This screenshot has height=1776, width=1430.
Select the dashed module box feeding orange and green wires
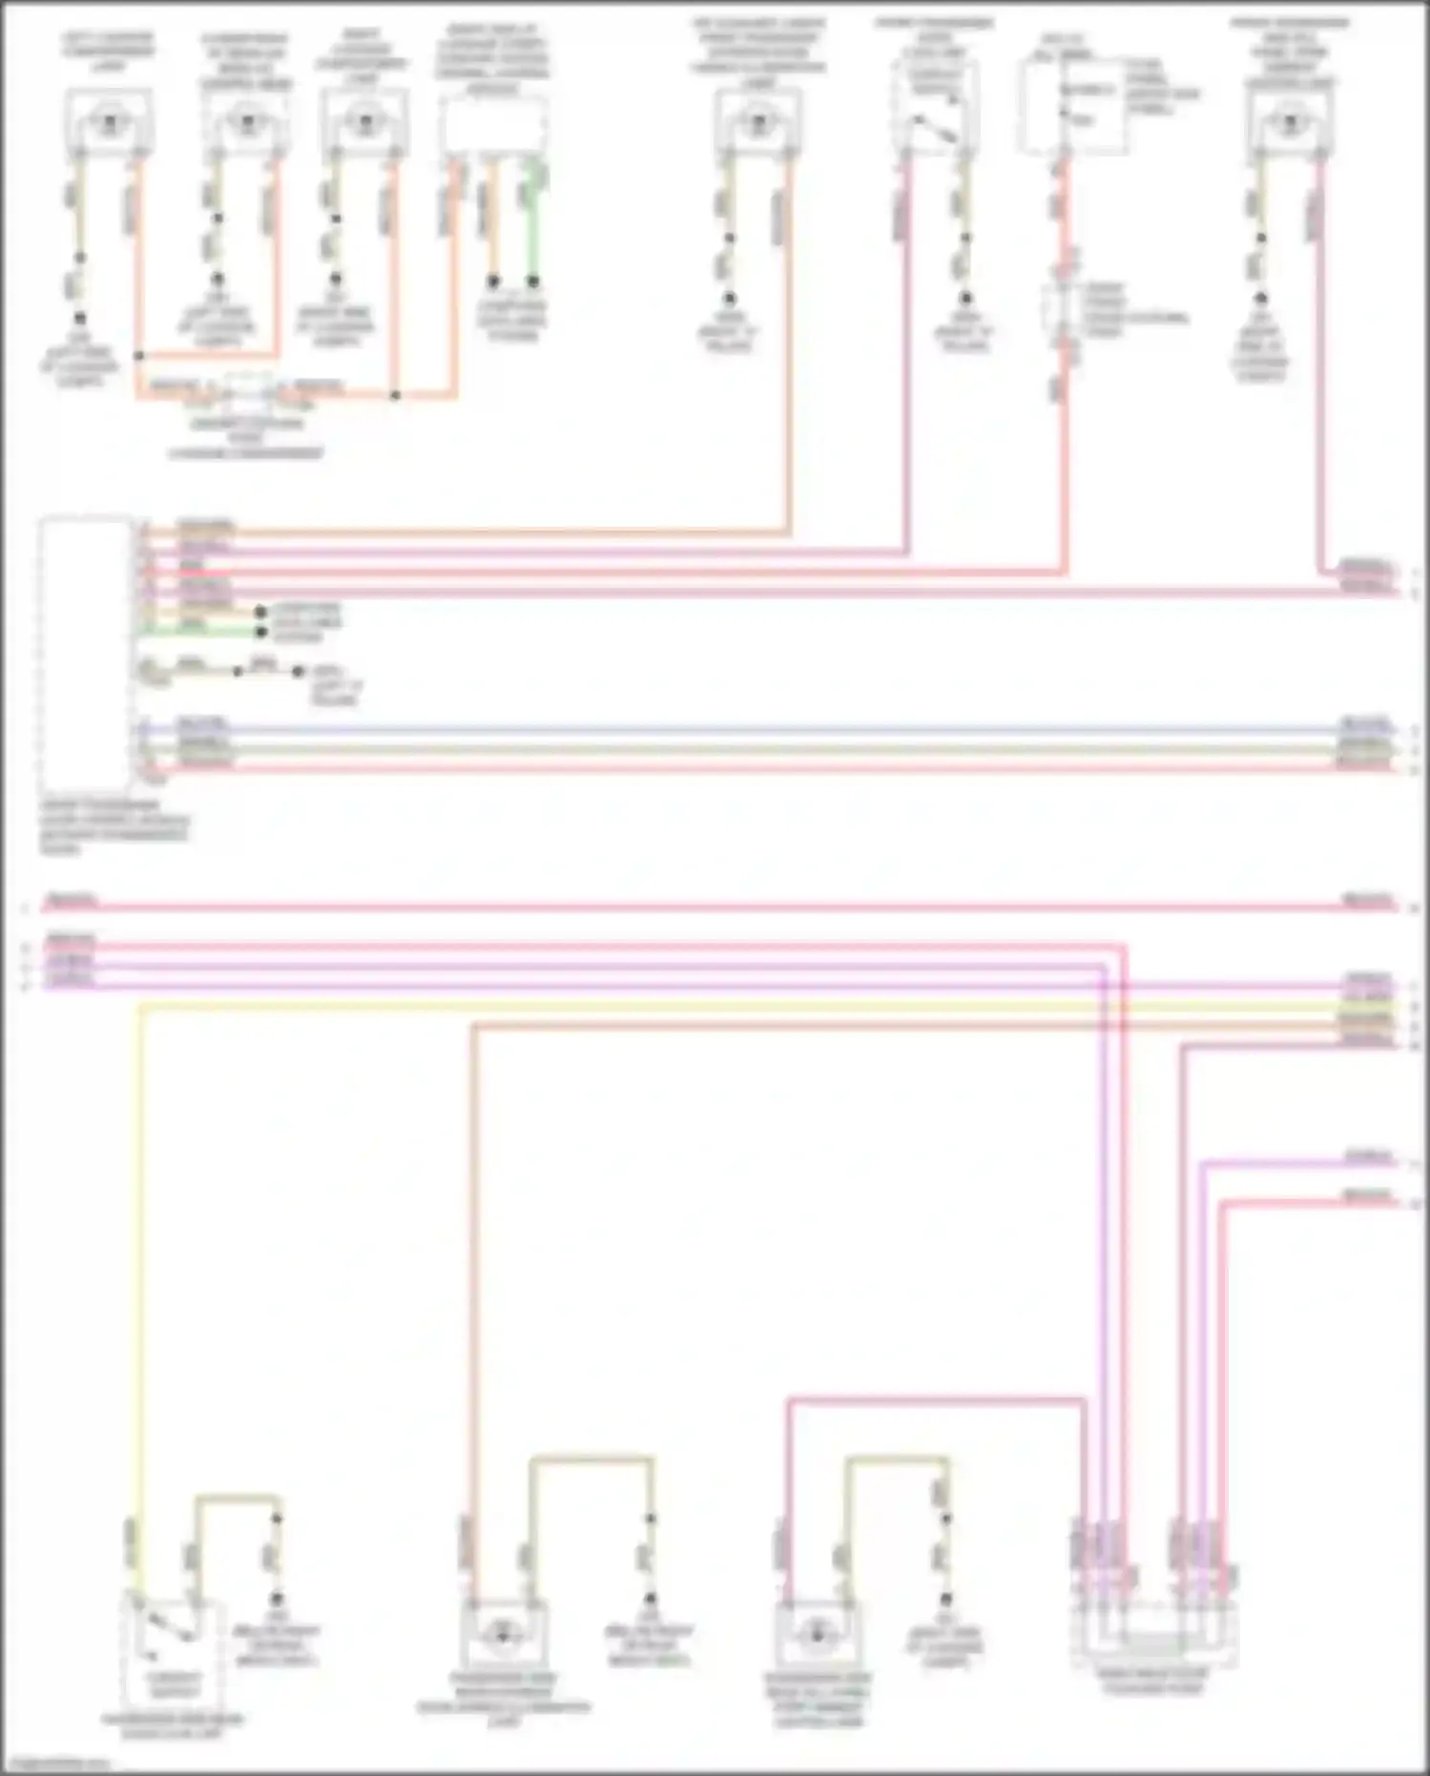pyautogui.click(x=494, y=124)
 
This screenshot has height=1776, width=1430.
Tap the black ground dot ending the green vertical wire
pyautogui.click(x=534, y=282)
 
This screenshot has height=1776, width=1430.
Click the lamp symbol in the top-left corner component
pyautogui.click(x=108, y=121)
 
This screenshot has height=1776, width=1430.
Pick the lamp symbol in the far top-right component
pyautogui.click(x=1290, y=121)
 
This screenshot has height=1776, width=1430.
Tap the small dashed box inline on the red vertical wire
pyautogui.click(x=1064, y=310)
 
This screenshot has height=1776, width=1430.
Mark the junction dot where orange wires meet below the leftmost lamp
pyautogui.click(x=139, y=356)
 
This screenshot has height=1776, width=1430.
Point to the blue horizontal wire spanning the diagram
pyautogui.click(x=763, y=730)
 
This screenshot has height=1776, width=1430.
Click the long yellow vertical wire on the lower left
pyautogui.click(x=140, y=1241)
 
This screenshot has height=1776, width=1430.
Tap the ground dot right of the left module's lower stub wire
pyautogui.click(x=298, y=672)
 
